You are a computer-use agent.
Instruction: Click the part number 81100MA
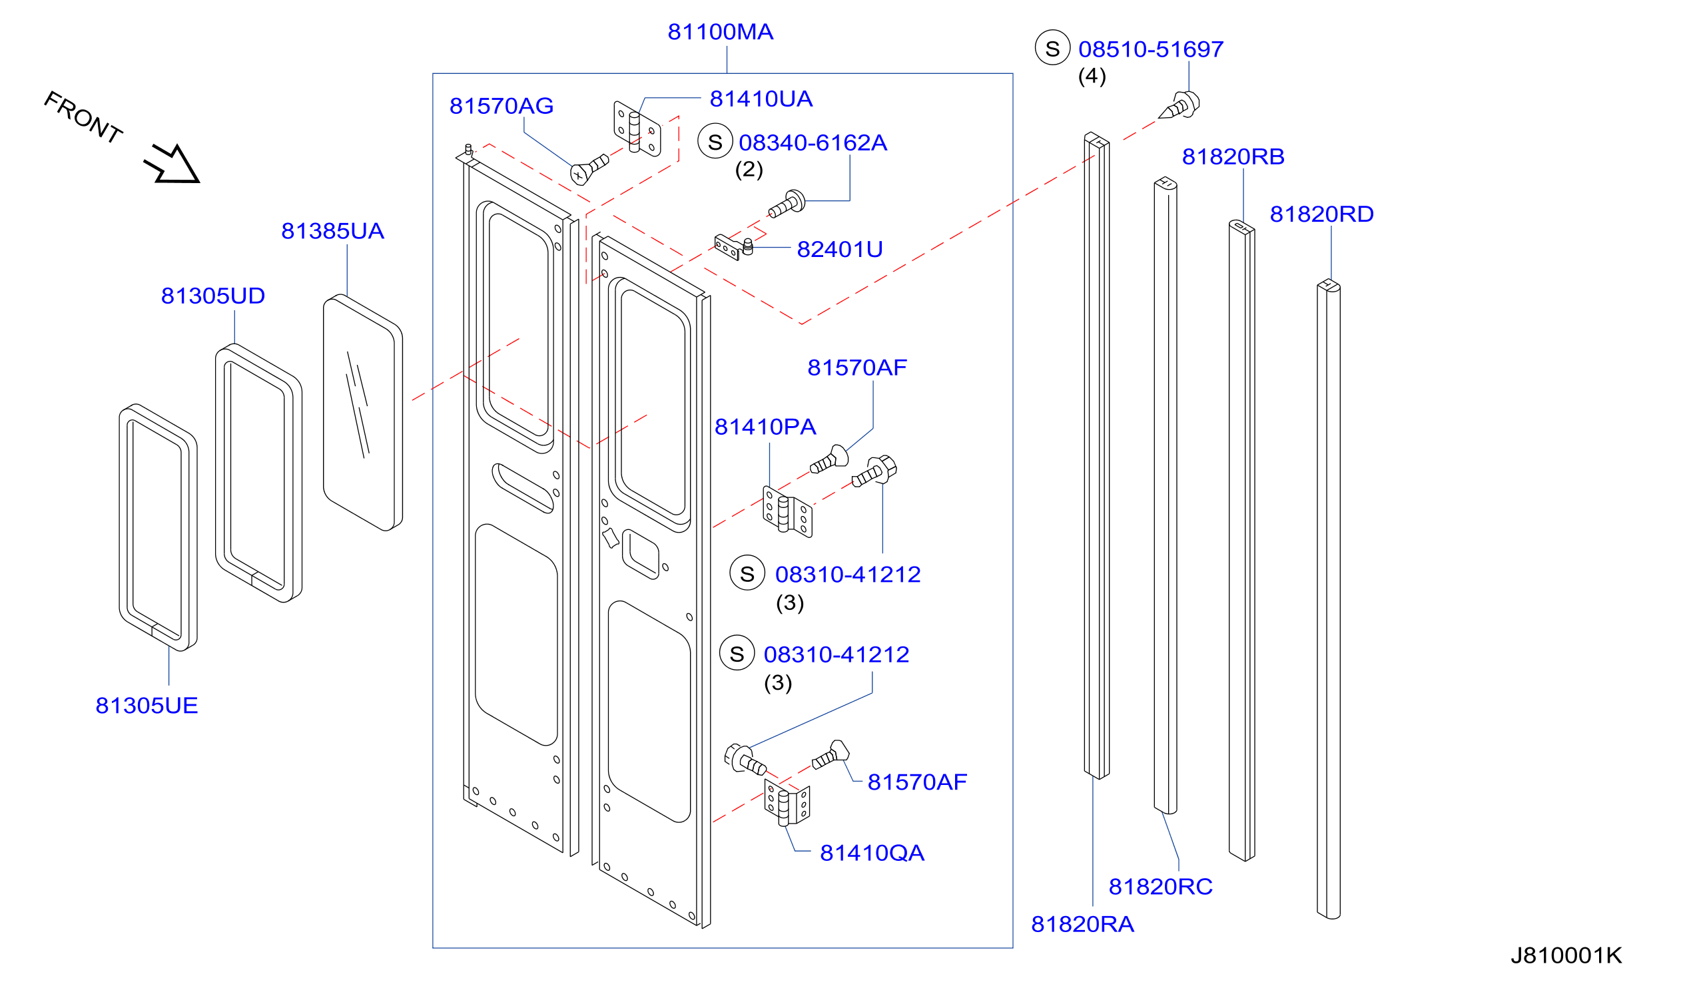click(721, 32)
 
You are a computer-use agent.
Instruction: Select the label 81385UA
click(333, 231)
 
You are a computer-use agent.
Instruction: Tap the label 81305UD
click(213, 296)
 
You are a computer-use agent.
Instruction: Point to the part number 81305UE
click(147, 706)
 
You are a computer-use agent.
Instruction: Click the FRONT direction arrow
click(172, 164)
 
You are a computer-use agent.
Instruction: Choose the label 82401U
click(839, 250)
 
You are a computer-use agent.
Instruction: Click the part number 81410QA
click(872, 854)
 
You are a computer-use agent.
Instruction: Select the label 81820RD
click(1321, 214)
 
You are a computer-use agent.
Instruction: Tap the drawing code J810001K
click(1566, 955)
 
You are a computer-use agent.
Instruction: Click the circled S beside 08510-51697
click(1052, 47)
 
